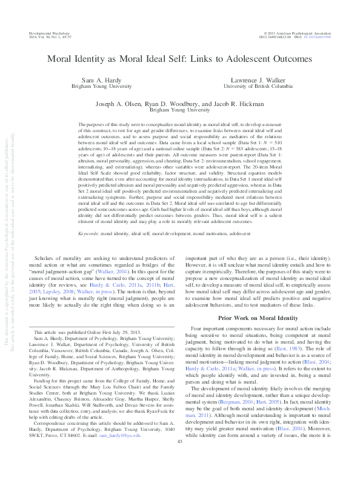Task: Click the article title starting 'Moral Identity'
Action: point(180,60)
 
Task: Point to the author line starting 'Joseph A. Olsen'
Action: point(180,104)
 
